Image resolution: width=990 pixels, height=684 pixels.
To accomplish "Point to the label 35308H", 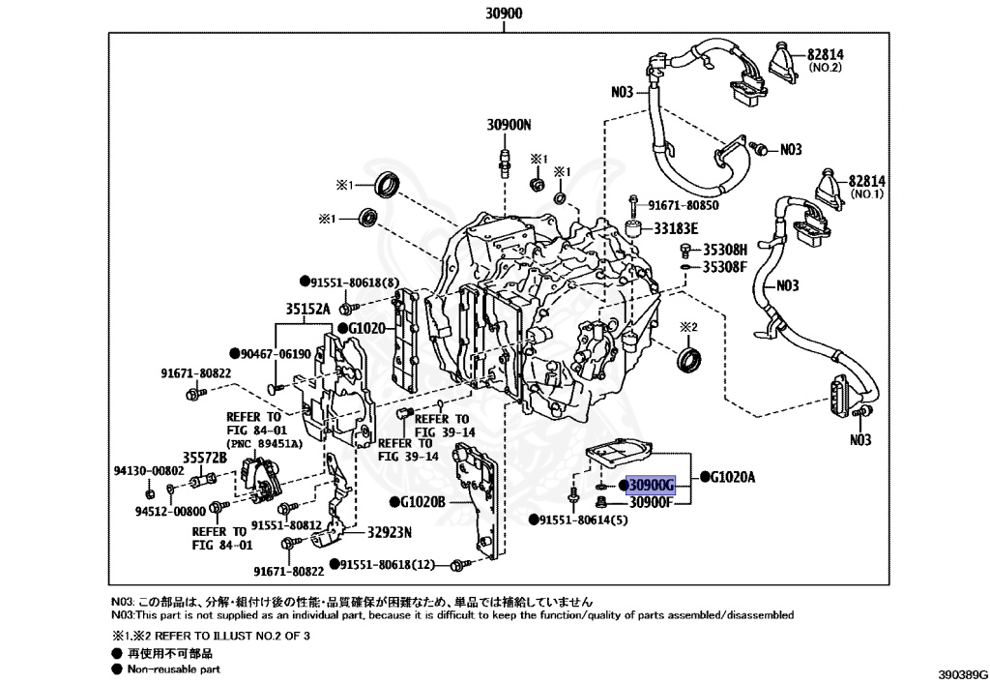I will pos(724,249).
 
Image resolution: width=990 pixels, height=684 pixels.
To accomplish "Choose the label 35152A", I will pos(307,310).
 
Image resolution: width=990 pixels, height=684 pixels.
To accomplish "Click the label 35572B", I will pos(205,457).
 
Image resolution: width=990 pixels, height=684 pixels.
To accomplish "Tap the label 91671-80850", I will pos(684,205).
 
